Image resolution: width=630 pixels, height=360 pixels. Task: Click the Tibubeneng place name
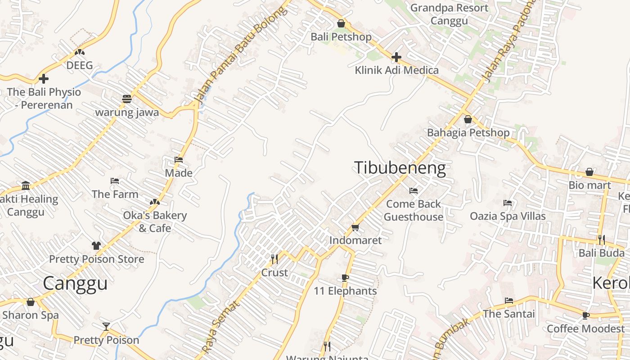pyautogui.click(x=400, y=168)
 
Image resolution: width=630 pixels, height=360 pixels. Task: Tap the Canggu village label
pyautogui.click(x=75, y=283)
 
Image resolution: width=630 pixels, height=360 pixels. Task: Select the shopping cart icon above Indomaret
pyautogui.click(x=355, y=227)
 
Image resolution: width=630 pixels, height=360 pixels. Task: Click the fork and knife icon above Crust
pyautogui.click(x=274, y=259)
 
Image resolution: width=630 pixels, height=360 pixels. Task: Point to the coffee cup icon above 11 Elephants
pyautogui.click(x=345, y=278)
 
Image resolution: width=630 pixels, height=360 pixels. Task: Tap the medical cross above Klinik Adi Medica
pyautogui.click(x=396, y=57)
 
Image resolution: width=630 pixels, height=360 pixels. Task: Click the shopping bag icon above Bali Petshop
pyautogui.click(x=341, y=23)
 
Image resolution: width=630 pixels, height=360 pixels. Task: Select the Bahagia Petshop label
pyautogui.click(x=468, y=133)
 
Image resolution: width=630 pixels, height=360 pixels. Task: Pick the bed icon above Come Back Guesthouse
pyautogui.click(x=413, y=191)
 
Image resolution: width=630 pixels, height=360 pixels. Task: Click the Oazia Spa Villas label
pyautogui.click(x=508, y=216)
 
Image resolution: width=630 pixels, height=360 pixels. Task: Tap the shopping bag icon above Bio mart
pyautogui.click(x=589, y=172)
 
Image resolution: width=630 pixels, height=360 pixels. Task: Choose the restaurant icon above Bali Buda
pyautogui.click(x=601, y=239)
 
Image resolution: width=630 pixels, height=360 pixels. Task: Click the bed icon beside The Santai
pyautogui.click(x=509, y=301)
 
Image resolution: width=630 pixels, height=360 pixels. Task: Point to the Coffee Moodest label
pyautogui.click(x=585, y=328)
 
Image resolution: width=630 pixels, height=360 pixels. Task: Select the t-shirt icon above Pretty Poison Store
pyautogui.click(x=96, y=246)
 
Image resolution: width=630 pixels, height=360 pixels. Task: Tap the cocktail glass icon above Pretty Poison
pyautogui.click(x=106, y=326)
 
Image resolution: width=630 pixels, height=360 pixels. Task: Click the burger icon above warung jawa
pyautogui.click(x=127, y=99)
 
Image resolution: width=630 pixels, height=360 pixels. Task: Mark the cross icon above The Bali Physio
pyautogui.click(x=44, y=79)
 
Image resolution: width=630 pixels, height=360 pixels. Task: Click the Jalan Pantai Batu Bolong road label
pyautogui.click(x=240, y=54)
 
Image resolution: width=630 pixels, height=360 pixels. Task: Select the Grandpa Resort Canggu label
pyautogui.click(x=449, y=14)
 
